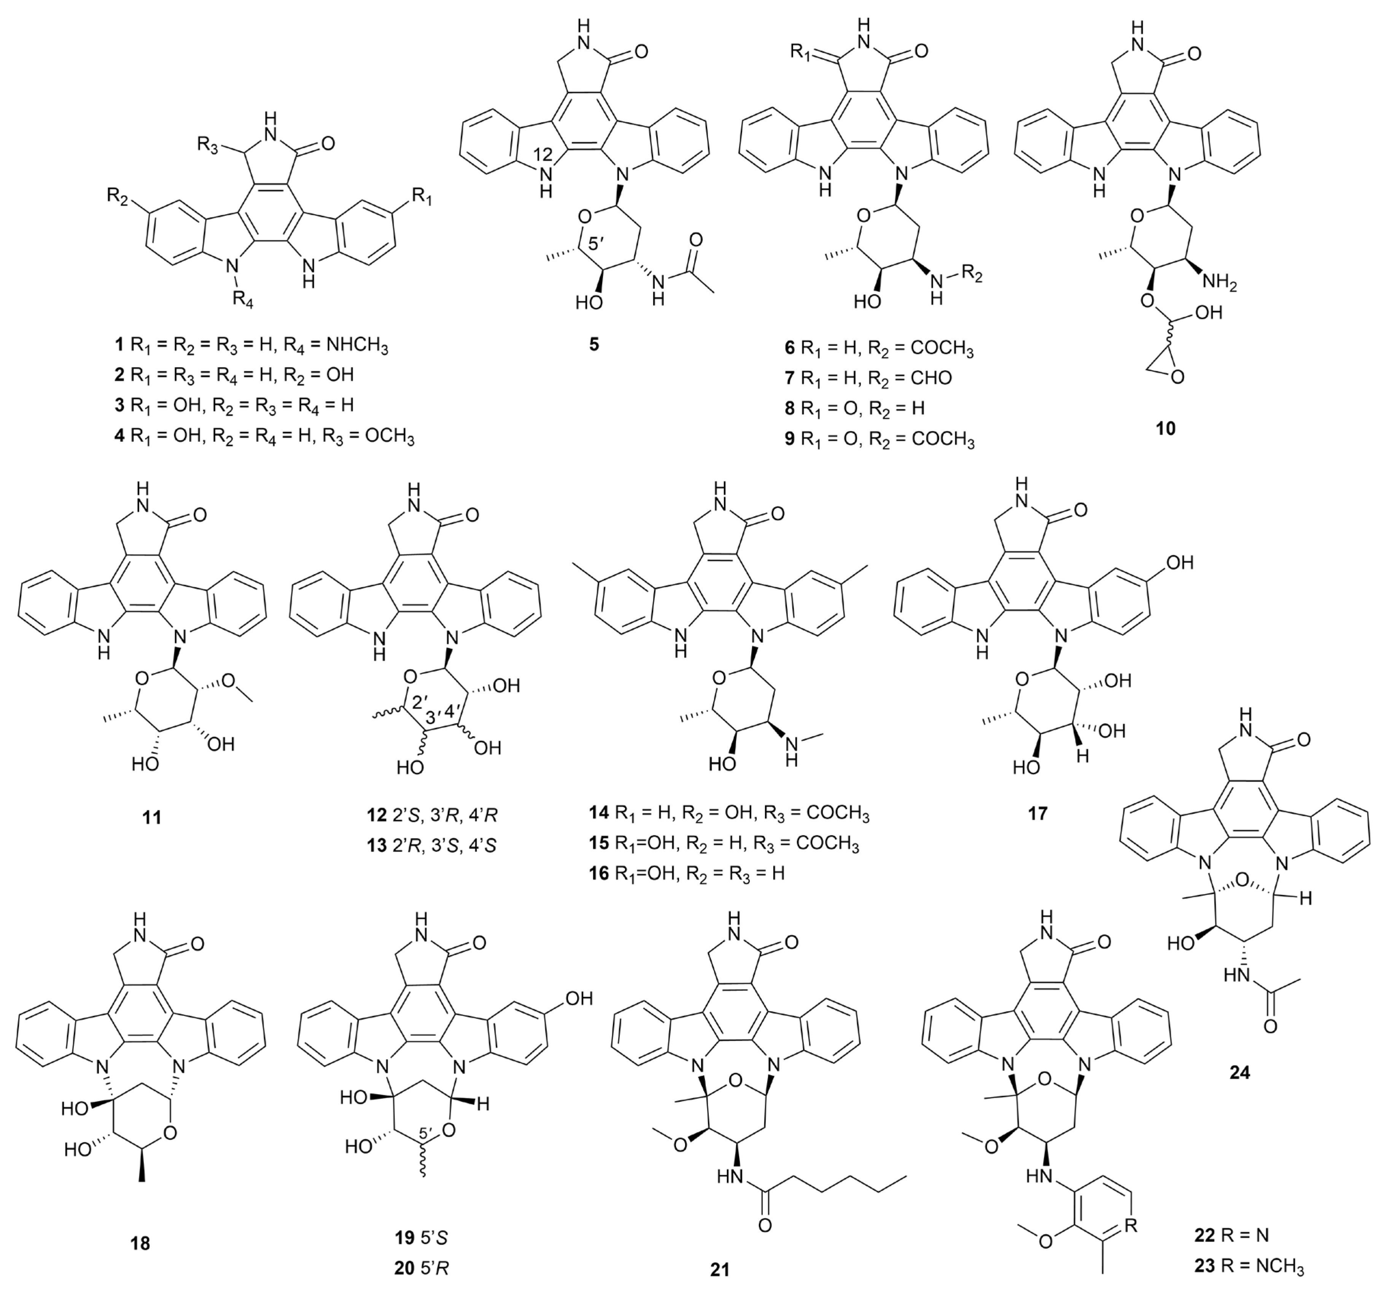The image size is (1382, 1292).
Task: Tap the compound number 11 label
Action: click(151, 817)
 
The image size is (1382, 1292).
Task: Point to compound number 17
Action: click(1037, 812)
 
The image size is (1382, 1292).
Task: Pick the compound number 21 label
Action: click(719, 1269)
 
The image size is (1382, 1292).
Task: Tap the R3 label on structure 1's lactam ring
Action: click(208, 125)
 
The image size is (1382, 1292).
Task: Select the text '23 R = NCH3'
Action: click(1248, 1266)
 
